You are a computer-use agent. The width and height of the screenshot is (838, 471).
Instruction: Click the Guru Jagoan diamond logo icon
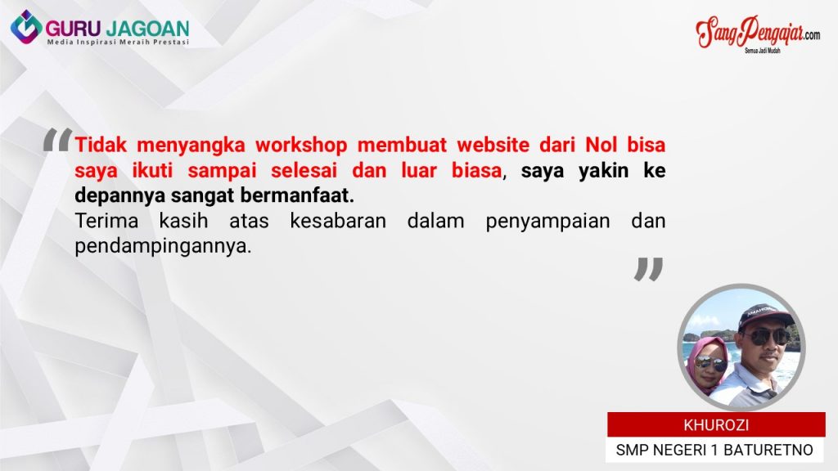pyautogui.click(x=26, y=27)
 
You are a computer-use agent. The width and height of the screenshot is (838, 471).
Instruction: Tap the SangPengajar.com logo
pyautogui.click(x=757, y=34)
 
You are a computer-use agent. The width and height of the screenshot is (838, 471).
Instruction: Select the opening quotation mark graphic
pyautogui.click(x=57, y=140)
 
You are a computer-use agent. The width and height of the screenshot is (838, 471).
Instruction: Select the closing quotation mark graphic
pyautogui.click(x=649, y=269)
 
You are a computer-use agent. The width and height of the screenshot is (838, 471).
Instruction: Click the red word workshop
pyautogui.click(x=301, y=145)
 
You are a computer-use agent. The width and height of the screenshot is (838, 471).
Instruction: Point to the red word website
pyautogui.click(x=493, y=145)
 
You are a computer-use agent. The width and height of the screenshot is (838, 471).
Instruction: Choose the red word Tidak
pyautogui.click(x=101, y=145)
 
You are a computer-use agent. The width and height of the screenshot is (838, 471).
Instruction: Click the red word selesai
pyautogui.click(x=304, y=170)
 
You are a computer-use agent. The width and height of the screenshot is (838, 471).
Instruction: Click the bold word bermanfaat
pyautogui.click(x=297, y=195)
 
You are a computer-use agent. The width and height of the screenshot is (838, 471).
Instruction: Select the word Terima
pyautogui.click(x=107, y=221)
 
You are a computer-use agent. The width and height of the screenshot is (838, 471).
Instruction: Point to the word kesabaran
pyautogui.click(x=338, y=221)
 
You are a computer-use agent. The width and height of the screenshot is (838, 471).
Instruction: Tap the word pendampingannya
pyautogui.click(x=163, y=247)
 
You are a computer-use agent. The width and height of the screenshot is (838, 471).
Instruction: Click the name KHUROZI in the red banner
pyautogui.click(x=716, y=425)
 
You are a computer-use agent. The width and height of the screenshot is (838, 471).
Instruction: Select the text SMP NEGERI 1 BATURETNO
pyautogui.click(x=714, y=451)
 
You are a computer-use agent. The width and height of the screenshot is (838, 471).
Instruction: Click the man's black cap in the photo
pyautogui.click(x=765, y=316)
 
